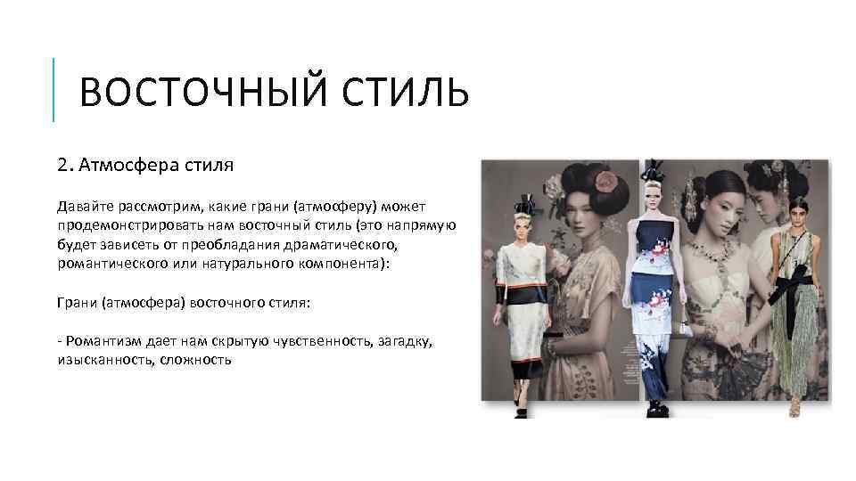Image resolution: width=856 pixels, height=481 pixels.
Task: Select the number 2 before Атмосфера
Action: [61, 165]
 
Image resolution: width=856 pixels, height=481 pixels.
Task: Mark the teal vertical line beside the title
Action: [53, 89]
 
